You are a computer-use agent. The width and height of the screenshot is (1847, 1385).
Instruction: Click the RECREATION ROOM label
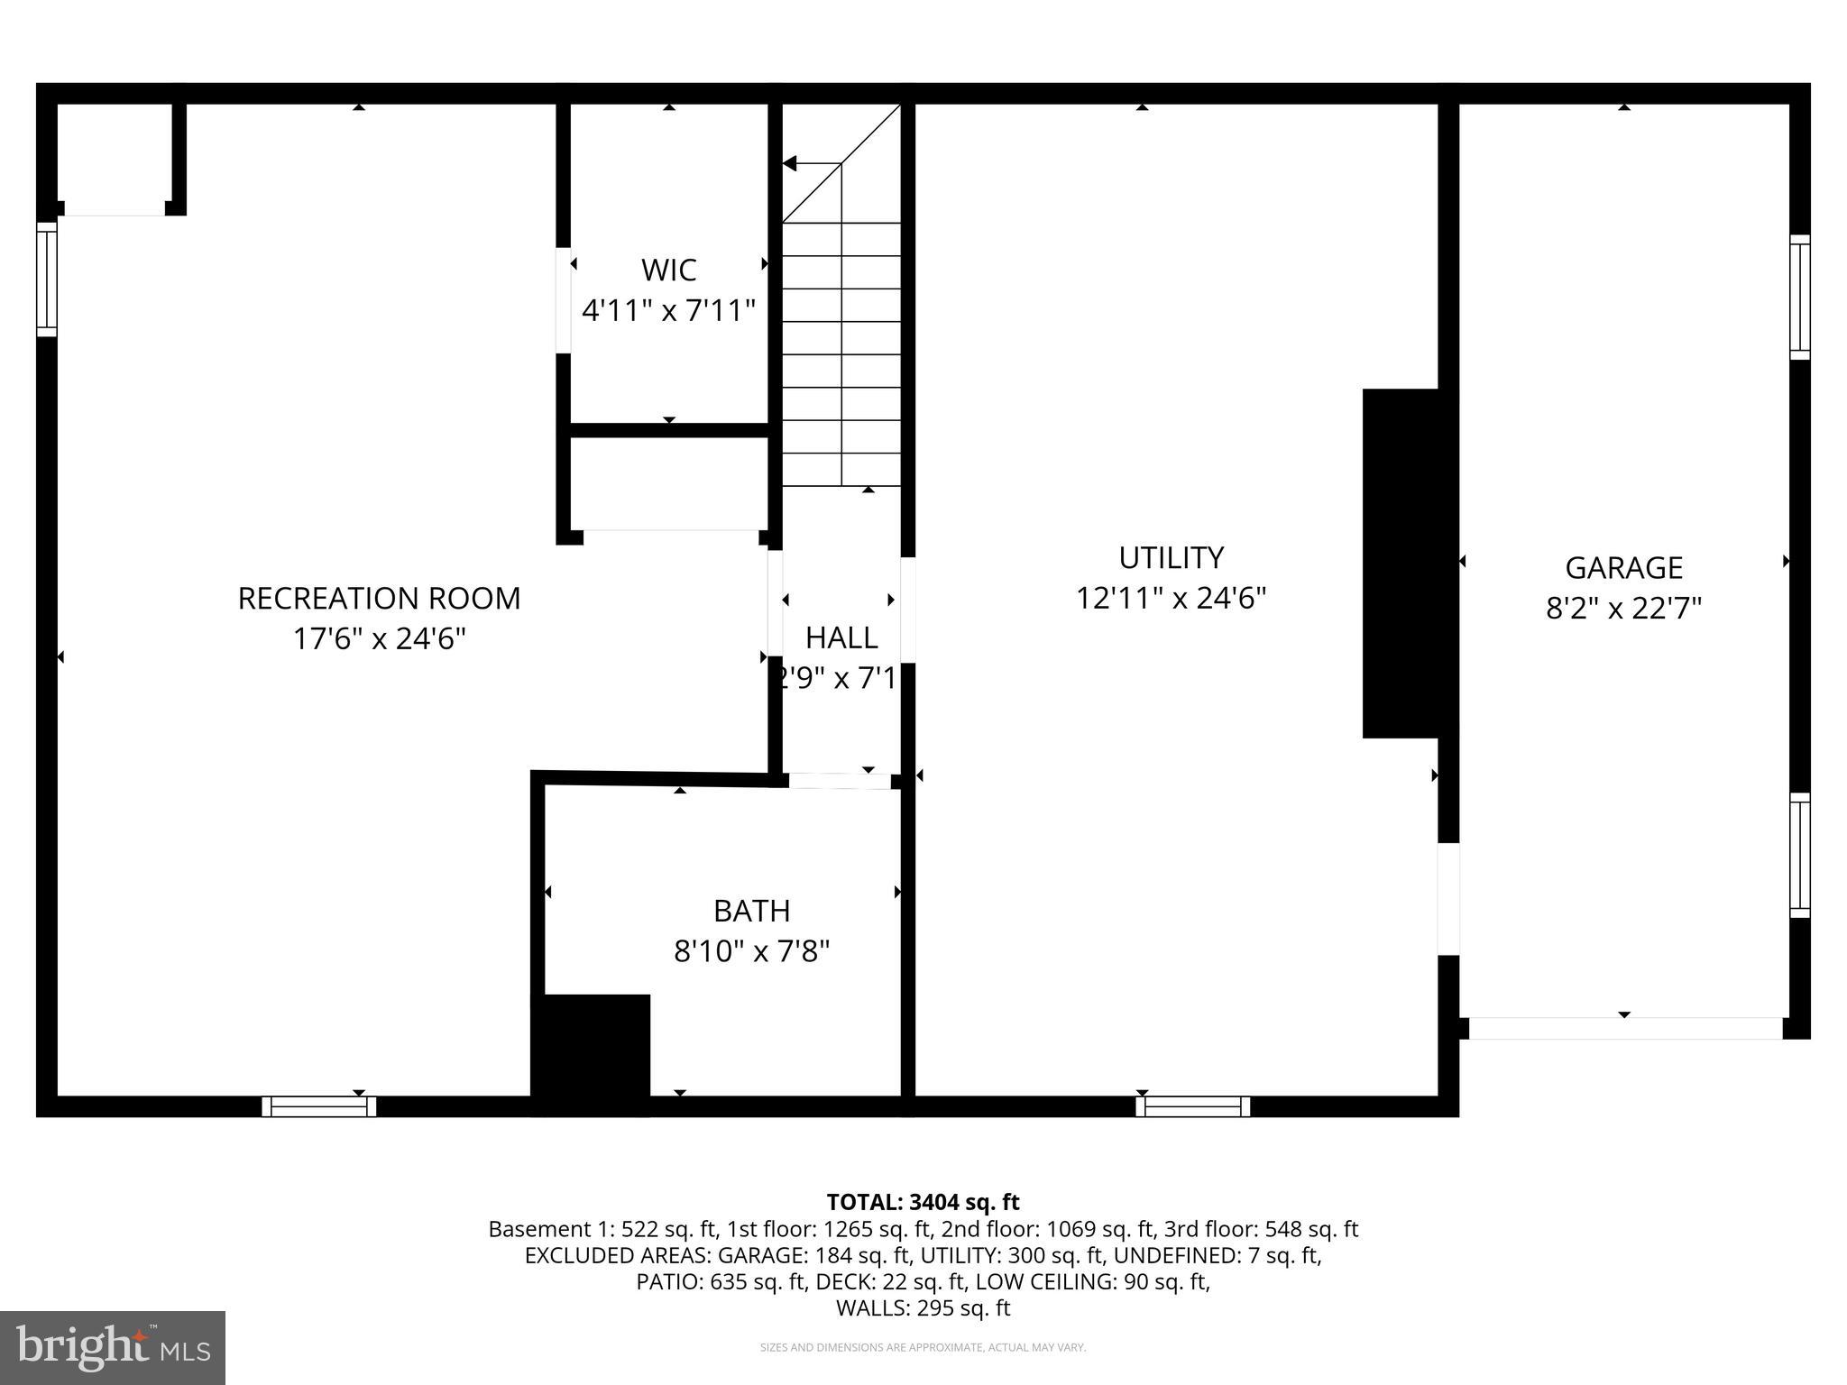[x=379, y=599]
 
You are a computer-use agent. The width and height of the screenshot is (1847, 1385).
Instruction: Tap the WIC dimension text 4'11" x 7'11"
[x=668, y=311]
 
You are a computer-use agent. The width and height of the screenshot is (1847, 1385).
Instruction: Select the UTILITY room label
[x=1171, y=558]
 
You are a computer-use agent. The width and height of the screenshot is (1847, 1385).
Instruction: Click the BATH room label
[x=751, y=911]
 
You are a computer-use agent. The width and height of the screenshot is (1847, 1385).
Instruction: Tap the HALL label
[x=841, y=637]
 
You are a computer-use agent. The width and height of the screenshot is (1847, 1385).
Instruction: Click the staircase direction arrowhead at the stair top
[x=790, y=163]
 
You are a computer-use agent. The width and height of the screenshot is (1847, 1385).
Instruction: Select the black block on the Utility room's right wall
[x=1400, y=564]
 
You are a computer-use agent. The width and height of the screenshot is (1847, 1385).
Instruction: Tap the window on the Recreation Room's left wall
[x=46, y=280]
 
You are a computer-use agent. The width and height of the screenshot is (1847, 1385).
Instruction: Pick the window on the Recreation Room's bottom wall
[x=319, y=1106]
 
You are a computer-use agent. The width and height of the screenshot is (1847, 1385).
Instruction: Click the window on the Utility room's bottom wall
[x=1192, y=1106]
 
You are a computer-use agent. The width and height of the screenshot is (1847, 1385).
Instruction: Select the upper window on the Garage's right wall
[x=1799, y=298]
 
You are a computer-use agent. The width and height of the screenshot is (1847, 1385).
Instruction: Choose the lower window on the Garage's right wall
[x=1799, y=855]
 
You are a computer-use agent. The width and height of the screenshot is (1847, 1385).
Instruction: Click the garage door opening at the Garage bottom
[x=1625, y=1028]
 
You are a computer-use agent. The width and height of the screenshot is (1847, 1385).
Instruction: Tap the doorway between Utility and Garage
[x=1447, y=899]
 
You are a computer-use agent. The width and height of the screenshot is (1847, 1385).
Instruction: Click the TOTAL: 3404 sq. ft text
[x=923, y=1202]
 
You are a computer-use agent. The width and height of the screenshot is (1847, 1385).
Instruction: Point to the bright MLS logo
[x=112, y=1347]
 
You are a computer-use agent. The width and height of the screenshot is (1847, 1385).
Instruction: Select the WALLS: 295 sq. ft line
[x=923, y=1308]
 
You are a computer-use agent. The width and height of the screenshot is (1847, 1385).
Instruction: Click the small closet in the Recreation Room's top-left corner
[x=114, y=159]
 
